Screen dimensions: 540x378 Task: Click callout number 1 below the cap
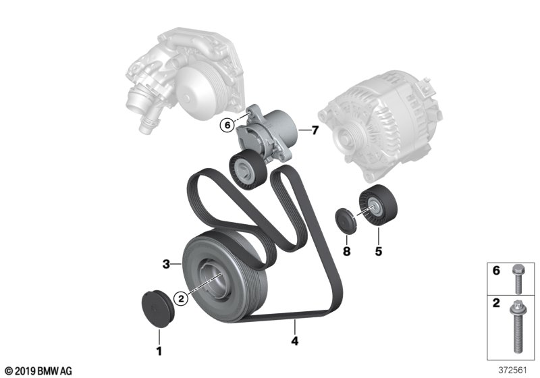pos(159,352)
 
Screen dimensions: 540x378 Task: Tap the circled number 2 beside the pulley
pos(182,298)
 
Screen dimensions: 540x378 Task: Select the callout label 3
pos(166,265)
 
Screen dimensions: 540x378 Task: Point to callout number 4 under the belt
pos(294,341)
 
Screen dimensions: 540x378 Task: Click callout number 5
pos(379,251)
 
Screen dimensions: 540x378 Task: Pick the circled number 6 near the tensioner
pos(227,126)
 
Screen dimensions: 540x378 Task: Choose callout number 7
pos(315,130)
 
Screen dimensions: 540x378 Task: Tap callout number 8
pos(346,251)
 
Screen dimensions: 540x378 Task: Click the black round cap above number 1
pos(158,308)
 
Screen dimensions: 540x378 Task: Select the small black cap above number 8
pos(346,221)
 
